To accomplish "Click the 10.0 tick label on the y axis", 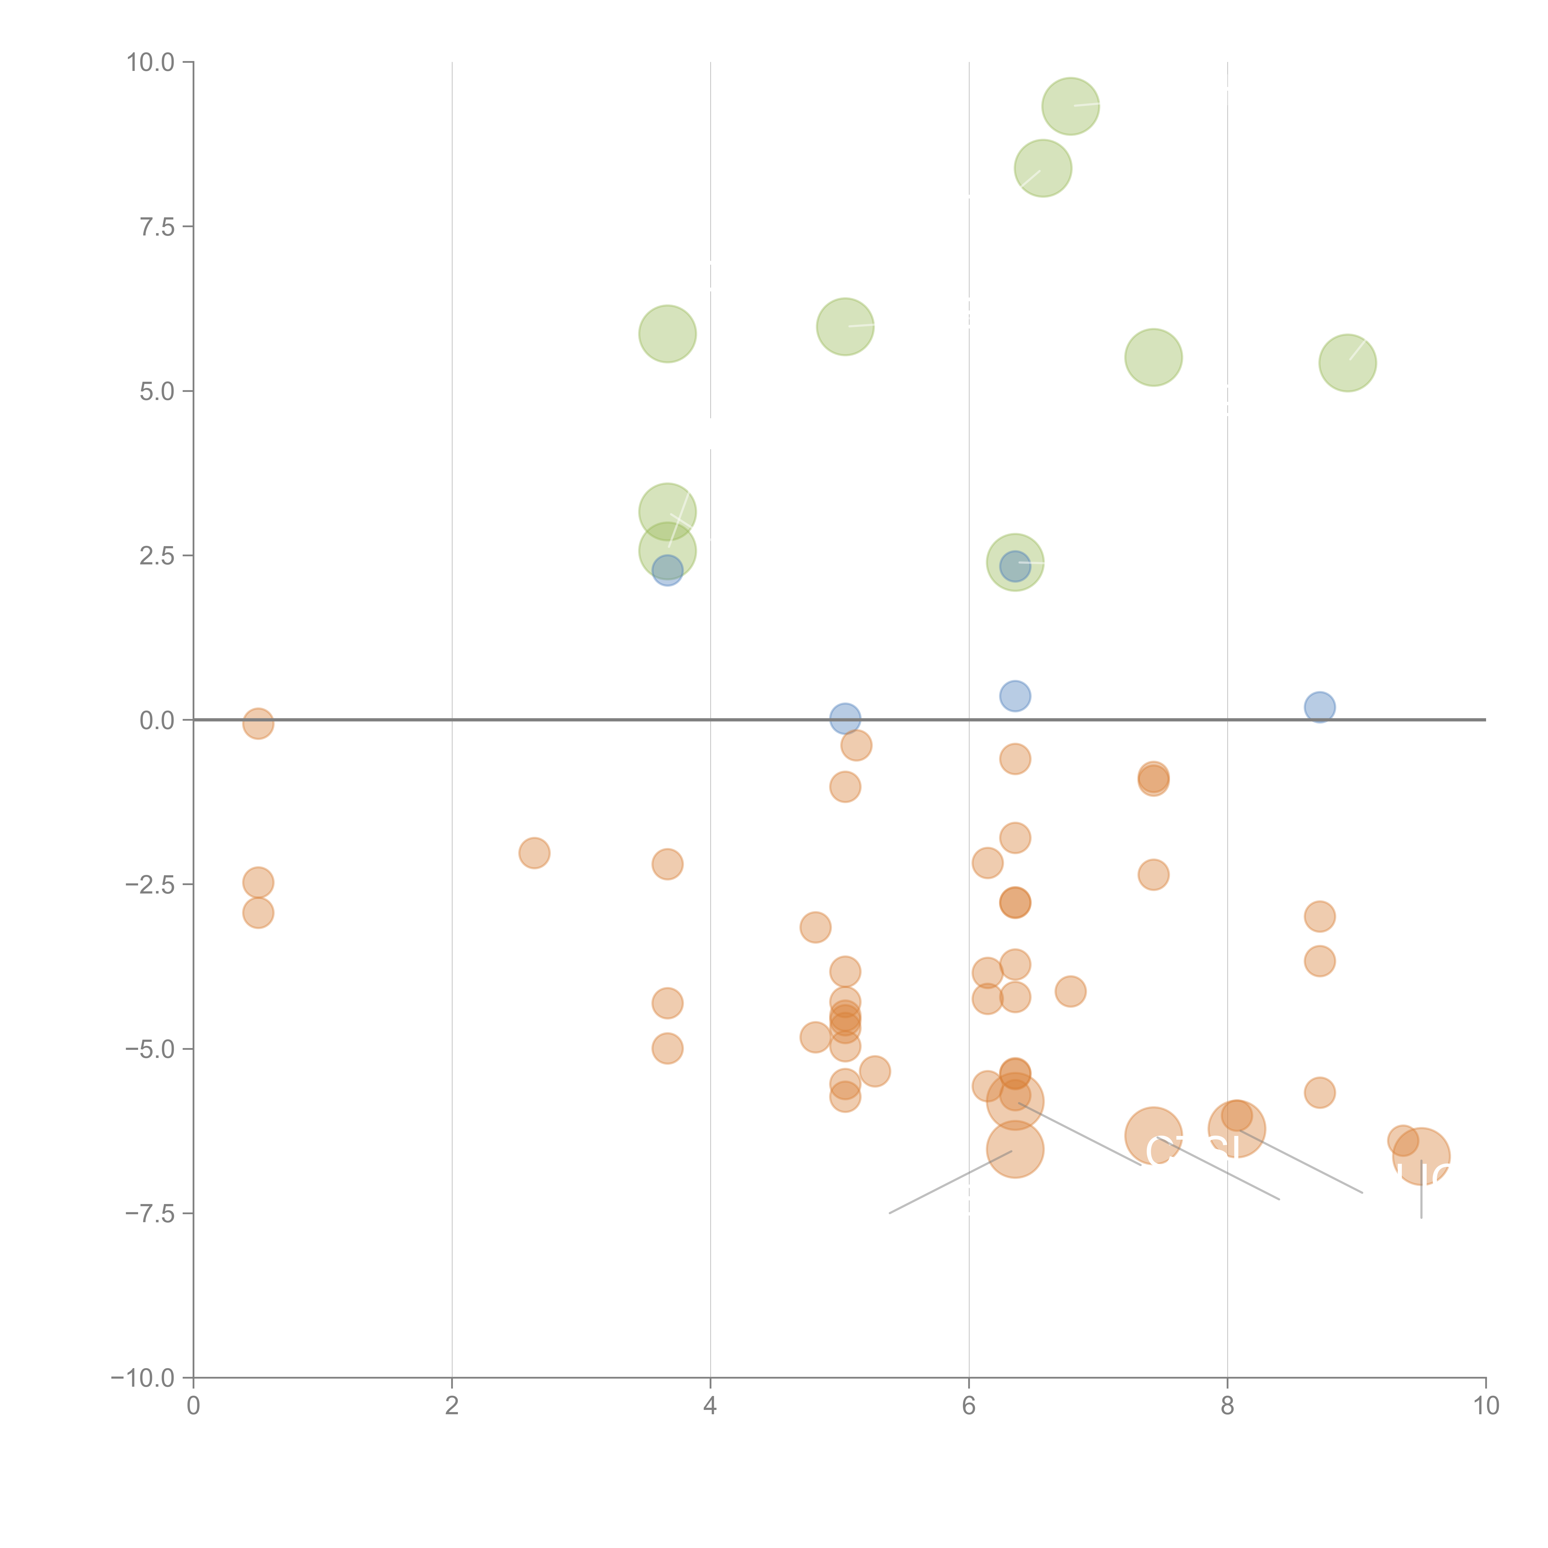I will (151, 63).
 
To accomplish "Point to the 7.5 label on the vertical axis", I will (157, 227).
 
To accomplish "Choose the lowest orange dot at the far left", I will (258, 913).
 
